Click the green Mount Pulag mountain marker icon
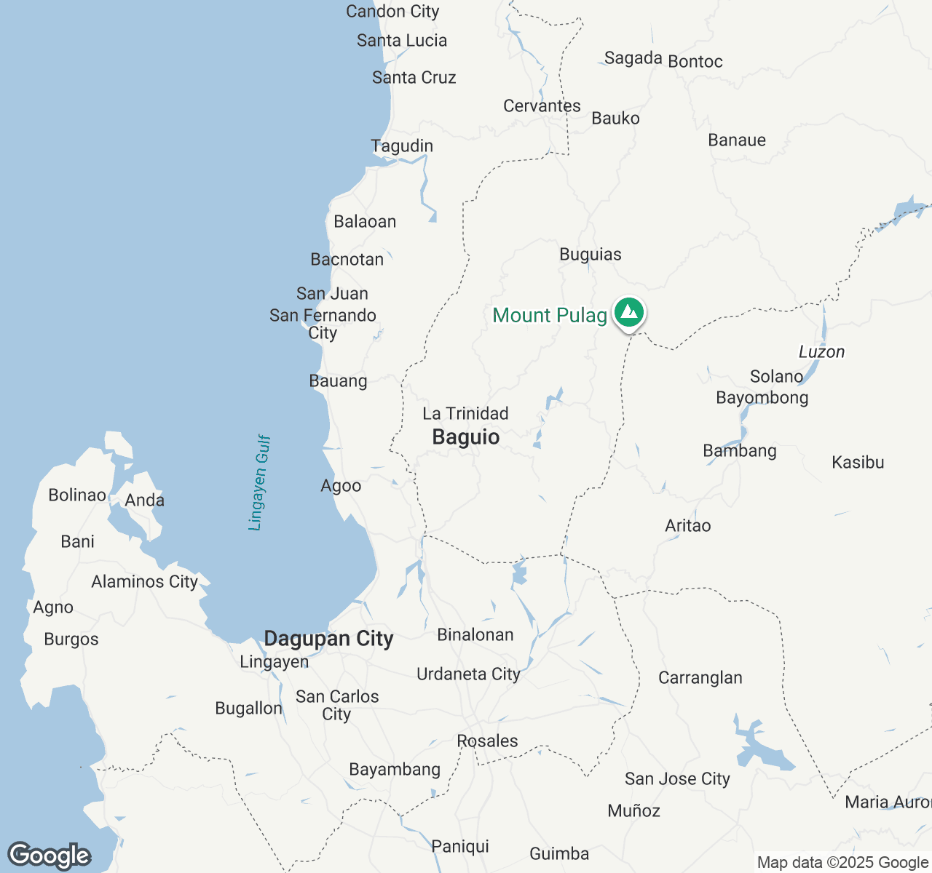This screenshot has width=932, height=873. click(x=628, y=314)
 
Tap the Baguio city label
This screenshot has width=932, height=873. click(x=466, y=437)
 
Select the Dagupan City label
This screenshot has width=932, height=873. click(x=328, y=639)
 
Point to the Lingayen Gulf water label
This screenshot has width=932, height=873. click(x=259, y=483)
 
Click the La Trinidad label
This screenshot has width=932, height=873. click(x=465, y=414)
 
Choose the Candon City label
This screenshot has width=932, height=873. click(x=392, y=12)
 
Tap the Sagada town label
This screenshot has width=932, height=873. click(x=633, y=58)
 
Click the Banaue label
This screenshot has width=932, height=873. click(x=737, y=140)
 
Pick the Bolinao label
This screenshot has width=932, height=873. click(x=77, y=495)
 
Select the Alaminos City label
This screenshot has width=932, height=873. click(x=144, y=582)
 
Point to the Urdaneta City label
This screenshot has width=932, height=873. click(x=468, y=674)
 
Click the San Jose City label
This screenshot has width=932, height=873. click(x=677, y=779)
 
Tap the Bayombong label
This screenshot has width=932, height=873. click(x=762, y=398)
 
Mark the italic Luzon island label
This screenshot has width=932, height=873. click(x=821, y=352)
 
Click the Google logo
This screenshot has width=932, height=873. click(x=49, y=856)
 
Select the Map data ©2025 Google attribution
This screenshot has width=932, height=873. click(x=842, y=863)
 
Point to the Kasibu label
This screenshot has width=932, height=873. click(x=858, y=463)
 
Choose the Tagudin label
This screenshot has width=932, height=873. click(x=402, y=146)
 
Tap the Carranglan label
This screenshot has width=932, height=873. click(x=700, y=678)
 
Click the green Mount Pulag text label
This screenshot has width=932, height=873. click(x=550, y=316)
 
